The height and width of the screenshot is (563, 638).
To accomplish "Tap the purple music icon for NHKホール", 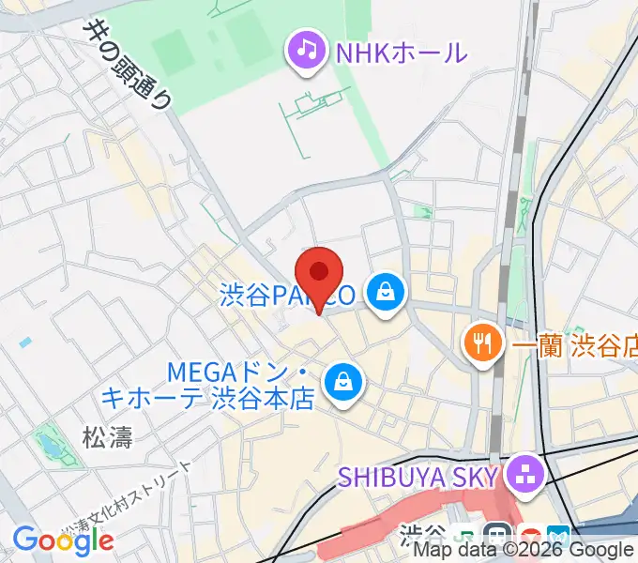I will coord(307,49).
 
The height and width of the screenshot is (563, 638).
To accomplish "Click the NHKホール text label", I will coord(401,51).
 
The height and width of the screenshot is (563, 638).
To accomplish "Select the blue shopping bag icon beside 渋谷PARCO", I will coord(386,295).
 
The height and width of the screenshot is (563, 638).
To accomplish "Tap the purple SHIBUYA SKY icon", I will coord(523,474).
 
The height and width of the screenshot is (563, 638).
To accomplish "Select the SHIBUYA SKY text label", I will coord(417,477).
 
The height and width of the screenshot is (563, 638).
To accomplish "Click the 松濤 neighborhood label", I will coord(106,435).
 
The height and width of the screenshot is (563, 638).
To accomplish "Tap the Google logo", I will coord(63,540).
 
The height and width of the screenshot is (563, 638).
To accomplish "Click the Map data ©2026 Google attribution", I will coord(524,552).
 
